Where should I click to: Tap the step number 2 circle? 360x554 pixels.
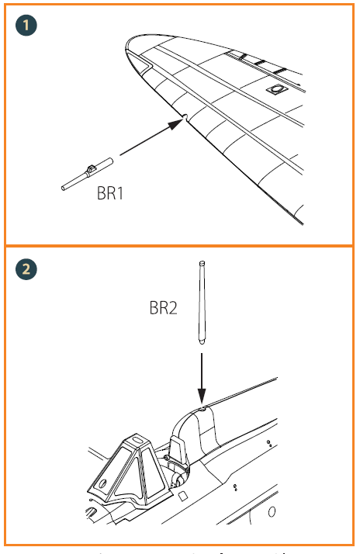coord(27,269)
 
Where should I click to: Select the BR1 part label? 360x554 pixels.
coord(109,193)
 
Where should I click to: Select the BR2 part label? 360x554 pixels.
coord(163,308)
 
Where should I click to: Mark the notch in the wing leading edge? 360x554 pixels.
coord(187,119)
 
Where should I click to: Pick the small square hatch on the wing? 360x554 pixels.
coord(274,91)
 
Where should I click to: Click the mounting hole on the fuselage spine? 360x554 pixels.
coord(200,406)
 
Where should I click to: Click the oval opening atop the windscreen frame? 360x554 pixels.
coord(137,441)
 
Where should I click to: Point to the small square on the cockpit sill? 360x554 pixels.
coord(182,494)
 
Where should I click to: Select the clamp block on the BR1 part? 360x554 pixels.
coord(92,168)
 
